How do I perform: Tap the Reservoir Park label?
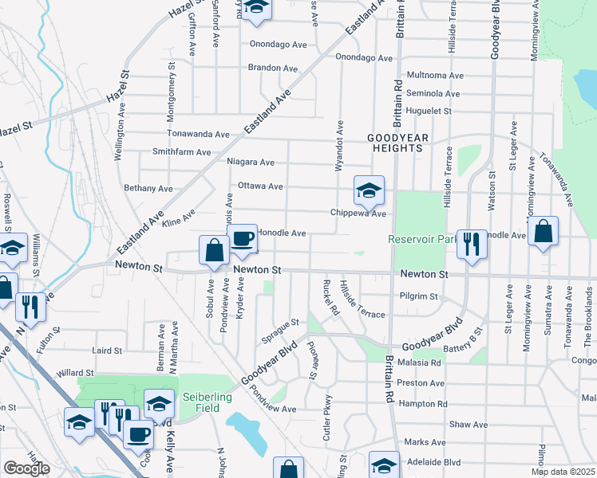tap(422, 239)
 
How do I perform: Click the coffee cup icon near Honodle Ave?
tap(242, 237)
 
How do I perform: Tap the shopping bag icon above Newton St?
tap(215, 250)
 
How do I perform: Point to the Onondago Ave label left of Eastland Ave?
tap(279, 45)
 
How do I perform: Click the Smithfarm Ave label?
tap(181, 151)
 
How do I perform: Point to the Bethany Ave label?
tap(148, 189)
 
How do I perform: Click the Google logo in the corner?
tap(26, 468)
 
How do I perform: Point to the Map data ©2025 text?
tap(562, 472)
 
